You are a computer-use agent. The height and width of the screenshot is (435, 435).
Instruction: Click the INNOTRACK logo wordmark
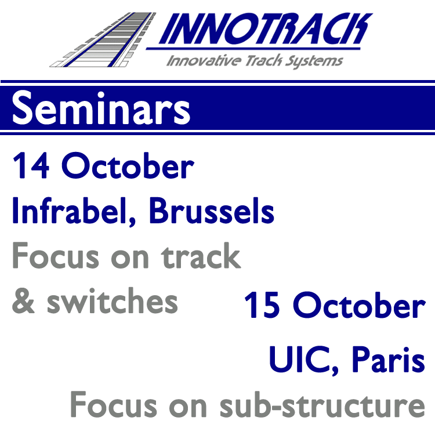265,28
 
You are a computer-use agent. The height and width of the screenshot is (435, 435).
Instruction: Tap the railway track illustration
103,39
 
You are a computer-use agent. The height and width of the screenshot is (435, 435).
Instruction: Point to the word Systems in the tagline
314,61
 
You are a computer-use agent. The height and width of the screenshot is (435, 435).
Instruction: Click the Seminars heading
101,108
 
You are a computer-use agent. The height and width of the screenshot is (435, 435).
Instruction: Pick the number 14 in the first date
31,165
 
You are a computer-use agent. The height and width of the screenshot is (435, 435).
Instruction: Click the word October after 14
128,165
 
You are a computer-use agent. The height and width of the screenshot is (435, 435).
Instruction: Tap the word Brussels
212,211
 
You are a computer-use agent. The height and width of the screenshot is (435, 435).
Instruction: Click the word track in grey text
201,256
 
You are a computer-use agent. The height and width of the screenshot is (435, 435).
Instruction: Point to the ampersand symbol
23,300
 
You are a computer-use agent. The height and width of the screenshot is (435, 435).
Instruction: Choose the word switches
113,300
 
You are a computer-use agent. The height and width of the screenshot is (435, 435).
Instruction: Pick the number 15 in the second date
262,305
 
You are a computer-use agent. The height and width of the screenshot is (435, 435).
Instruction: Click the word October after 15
359,305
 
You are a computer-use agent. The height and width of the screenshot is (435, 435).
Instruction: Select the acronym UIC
300,359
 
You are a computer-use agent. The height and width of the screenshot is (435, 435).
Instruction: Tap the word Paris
389,359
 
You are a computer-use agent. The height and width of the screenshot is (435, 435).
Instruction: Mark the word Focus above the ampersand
56,255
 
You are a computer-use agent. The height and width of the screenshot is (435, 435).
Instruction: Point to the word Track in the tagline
263,61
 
